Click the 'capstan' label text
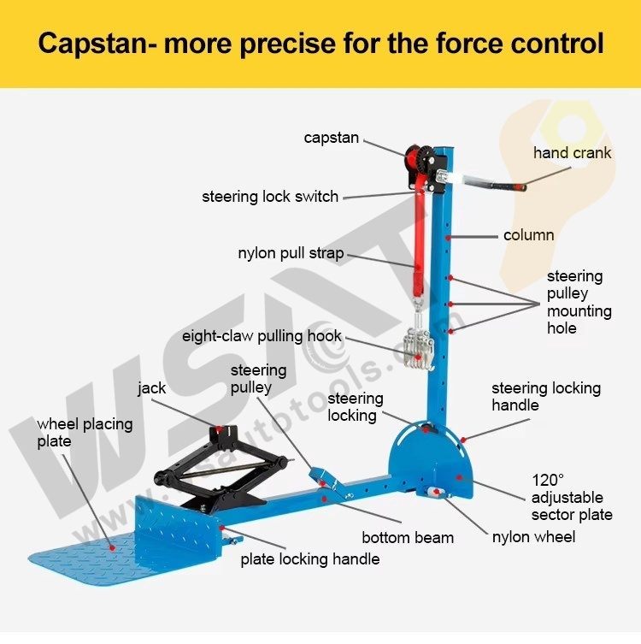click(331, 138)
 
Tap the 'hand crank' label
click(572, 153)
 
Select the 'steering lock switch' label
click(270, 197)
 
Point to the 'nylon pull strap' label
click(291, 253)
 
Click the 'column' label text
click(528, 235)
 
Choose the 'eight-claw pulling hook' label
click(262, 336)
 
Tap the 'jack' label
click(152, 388)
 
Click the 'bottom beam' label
click(408, 538)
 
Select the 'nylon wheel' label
click(533, 537)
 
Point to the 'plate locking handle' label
click(310, 559)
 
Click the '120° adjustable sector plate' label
click(572, 497)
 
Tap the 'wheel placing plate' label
click(85, 433)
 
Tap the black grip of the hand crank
click(509, 186)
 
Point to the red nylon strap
click(419, 242)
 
